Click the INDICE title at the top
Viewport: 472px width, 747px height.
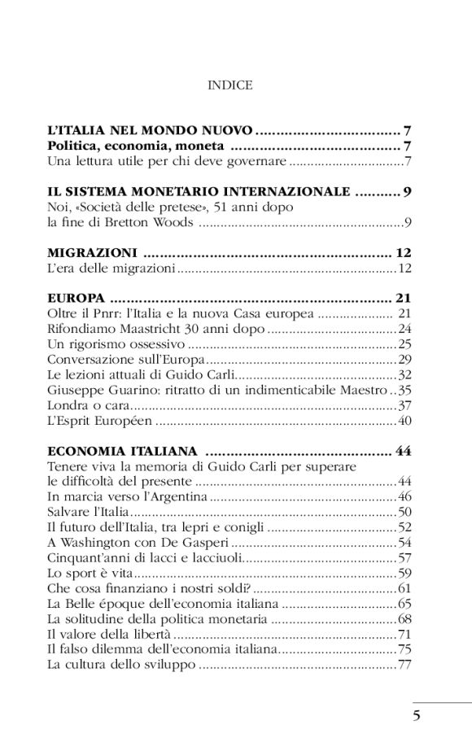point(230,85)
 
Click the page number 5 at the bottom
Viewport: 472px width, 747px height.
point(416,716)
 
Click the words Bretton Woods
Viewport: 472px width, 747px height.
point(151,222)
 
